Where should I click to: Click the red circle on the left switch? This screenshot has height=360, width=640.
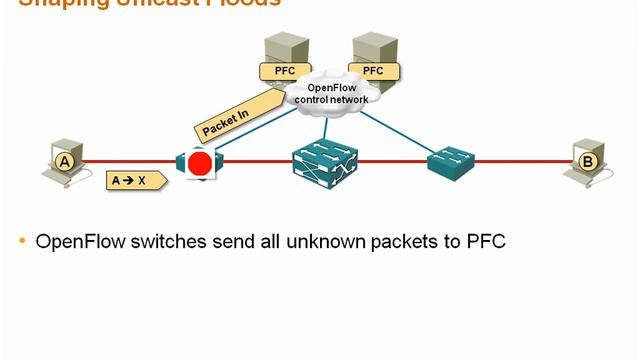pyautogui.click(x=200, y=164)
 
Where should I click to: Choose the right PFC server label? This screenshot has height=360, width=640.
pyautogui.click(x=372, y=71)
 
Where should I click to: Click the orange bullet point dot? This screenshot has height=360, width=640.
pyautogui.click(x=23, y=242)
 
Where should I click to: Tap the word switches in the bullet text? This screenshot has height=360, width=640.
pyautogui.click(x=174, y=241)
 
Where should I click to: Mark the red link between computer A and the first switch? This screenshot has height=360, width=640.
pyautogui.click(x=130, y=160)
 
